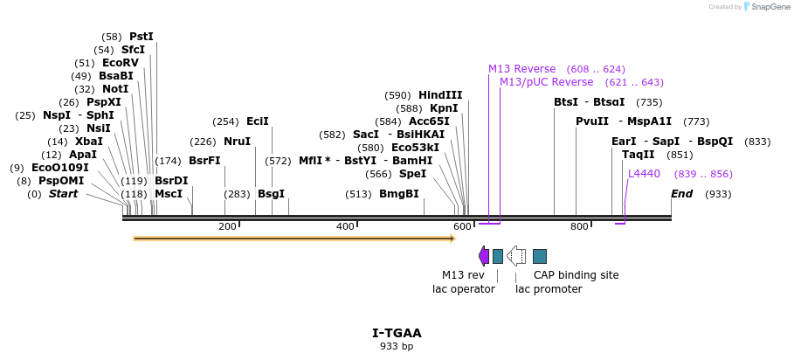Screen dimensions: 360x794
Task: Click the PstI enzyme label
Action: coord(141,37)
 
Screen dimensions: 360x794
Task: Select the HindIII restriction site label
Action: coord(440,95)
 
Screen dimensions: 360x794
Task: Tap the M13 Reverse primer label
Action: coord(521,69)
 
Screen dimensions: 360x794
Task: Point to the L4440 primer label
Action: coord(644,174)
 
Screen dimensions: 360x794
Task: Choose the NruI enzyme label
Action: coord(237,142)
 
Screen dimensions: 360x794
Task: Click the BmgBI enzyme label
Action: coord(398,194)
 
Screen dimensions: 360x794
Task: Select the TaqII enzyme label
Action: coord(638,155)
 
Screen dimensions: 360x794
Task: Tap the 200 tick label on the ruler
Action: coord(227,227)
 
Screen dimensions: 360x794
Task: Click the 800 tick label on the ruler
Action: coord(579,227)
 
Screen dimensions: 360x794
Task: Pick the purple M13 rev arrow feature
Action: coord(484,255)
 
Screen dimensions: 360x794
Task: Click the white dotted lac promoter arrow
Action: coord(516,255)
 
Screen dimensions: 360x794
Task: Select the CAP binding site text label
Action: coord(576,275)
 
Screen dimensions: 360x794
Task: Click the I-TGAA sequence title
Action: coord(397,333)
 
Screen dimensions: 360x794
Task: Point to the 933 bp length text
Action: coord(397,346)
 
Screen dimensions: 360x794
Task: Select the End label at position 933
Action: coord(681,194)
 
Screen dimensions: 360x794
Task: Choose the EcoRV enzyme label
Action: coord(121,63)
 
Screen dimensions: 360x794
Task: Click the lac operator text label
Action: coord(464,289)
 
